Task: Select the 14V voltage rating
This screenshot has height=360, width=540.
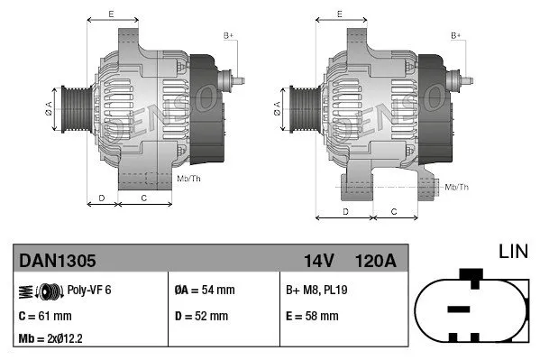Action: click(x=318, y=261)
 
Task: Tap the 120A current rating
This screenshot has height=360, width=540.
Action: click(x=374, y=261)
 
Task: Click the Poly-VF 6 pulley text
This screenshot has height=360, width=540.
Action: click(x=88, y=290)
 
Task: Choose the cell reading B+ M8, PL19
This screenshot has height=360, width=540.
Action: click(x=317, y=290)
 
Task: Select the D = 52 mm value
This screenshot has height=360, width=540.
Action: click(x=200, y=316)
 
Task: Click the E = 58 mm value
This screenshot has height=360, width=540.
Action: click(x=311, y=316)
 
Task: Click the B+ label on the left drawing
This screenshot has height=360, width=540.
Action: click(x=228, y=35)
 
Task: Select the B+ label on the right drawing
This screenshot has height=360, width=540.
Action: click(x=455, y=35)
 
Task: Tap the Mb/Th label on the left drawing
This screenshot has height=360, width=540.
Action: click(x=189, y=179)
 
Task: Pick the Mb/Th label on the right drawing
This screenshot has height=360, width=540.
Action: click(x=456, y=187)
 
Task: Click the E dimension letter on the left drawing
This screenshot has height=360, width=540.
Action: click(x=110, y=14)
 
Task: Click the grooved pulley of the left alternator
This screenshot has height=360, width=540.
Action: click(x=70, y=106)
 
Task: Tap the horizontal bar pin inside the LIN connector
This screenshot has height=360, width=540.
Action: click(x=459, y=309)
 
